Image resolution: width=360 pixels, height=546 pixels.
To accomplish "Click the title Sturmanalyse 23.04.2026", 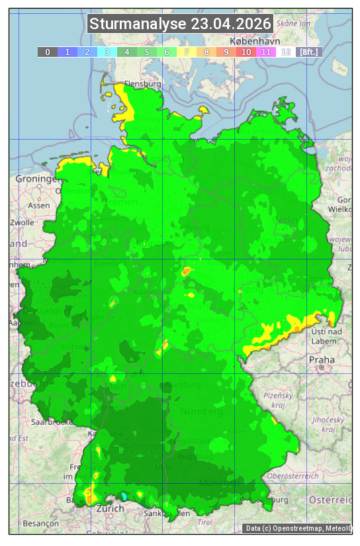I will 180,24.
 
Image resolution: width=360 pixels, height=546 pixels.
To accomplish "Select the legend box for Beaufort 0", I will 48,52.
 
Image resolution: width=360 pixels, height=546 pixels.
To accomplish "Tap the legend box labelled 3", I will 107,52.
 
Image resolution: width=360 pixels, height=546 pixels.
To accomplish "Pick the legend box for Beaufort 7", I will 187,52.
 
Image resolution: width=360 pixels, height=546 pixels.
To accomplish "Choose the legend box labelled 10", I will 246,52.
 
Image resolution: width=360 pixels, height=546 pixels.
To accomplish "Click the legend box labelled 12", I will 286,52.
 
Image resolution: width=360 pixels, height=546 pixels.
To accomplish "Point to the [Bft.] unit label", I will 308,52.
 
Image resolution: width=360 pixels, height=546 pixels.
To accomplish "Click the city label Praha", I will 321,359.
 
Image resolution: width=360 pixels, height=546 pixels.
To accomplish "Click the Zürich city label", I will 110,508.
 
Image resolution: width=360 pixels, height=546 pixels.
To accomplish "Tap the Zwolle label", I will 22,222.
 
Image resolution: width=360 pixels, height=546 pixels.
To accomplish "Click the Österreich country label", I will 332,499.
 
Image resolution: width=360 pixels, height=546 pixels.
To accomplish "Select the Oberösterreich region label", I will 293,476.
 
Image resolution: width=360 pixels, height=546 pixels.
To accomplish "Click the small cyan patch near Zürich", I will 123,496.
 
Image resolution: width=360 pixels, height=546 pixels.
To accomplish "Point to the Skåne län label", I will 293,23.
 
